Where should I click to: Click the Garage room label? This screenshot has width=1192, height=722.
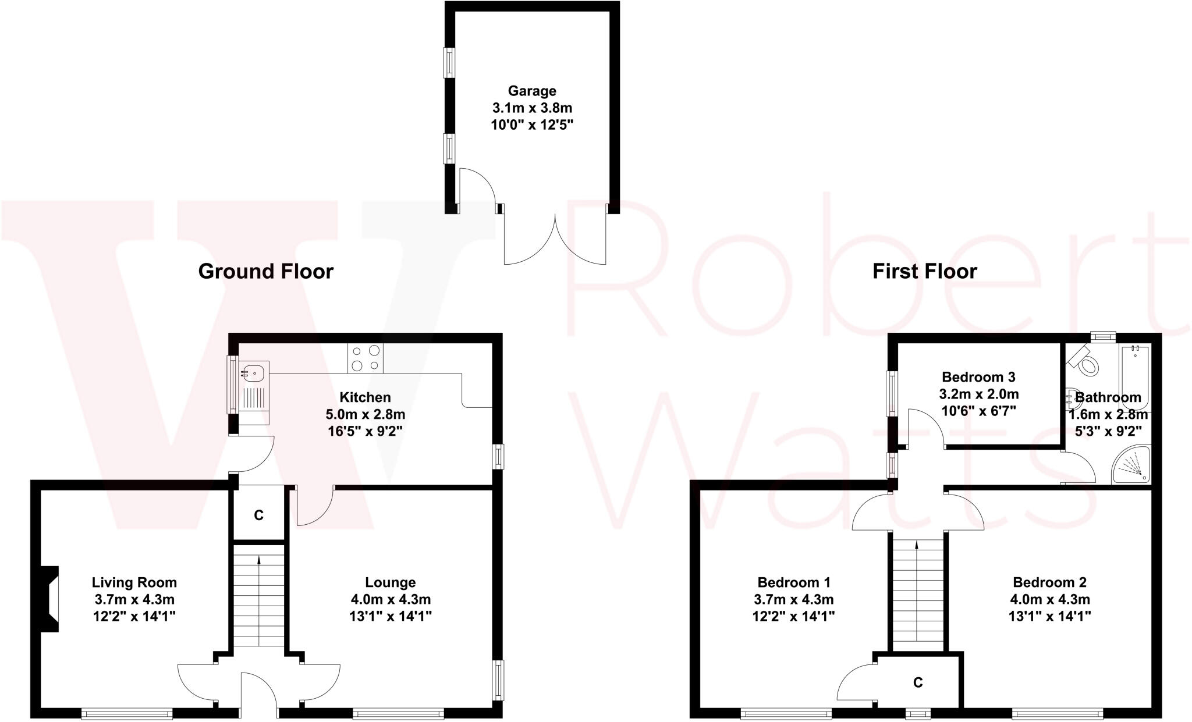532,91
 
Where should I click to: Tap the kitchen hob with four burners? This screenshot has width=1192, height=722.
366,358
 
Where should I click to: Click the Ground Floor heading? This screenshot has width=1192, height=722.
265,271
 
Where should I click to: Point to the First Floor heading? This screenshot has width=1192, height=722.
924,271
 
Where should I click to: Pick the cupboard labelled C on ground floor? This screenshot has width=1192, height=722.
259,515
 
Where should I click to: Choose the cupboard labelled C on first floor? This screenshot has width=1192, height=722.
918,682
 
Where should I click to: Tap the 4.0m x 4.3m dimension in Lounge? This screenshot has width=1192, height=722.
391,599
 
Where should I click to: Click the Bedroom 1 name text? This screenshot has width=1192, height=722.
794,582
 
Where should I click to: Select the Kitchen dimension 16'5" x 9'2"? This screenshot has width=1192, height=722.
365,431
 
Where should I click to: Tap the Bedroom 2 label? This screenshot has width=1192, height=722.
1049,582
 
